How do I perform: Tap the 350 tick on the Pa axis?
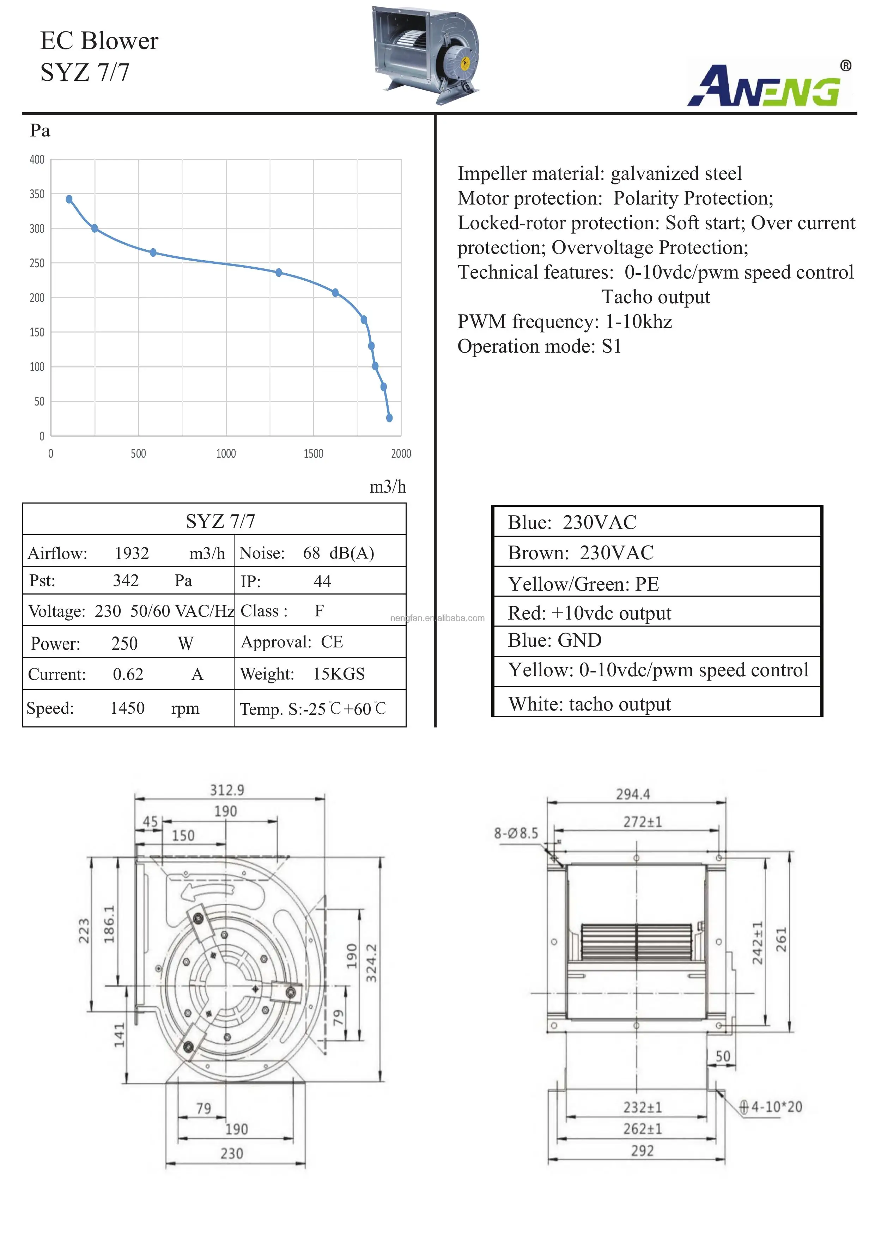(x=37, y=194)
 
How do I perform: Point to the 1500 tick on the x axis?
(x=313, y=453)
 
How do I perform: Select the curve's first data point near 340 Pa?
(x=69, y=199)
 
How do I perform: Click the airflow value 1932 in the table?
(x=132, y=553)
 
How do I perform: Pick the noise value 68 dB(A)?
(x=338, y=553)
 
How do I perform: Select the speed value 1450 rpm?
(x=128, y=708)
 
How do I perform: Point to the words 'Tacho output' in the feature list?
(x=655, y=297)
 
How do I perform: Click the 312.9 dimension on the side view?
(x=227, y=790)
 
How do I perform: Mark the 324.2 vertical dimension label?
(x=371, y=963)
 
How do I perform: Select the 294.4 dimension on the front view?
(x=633, y=794)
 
